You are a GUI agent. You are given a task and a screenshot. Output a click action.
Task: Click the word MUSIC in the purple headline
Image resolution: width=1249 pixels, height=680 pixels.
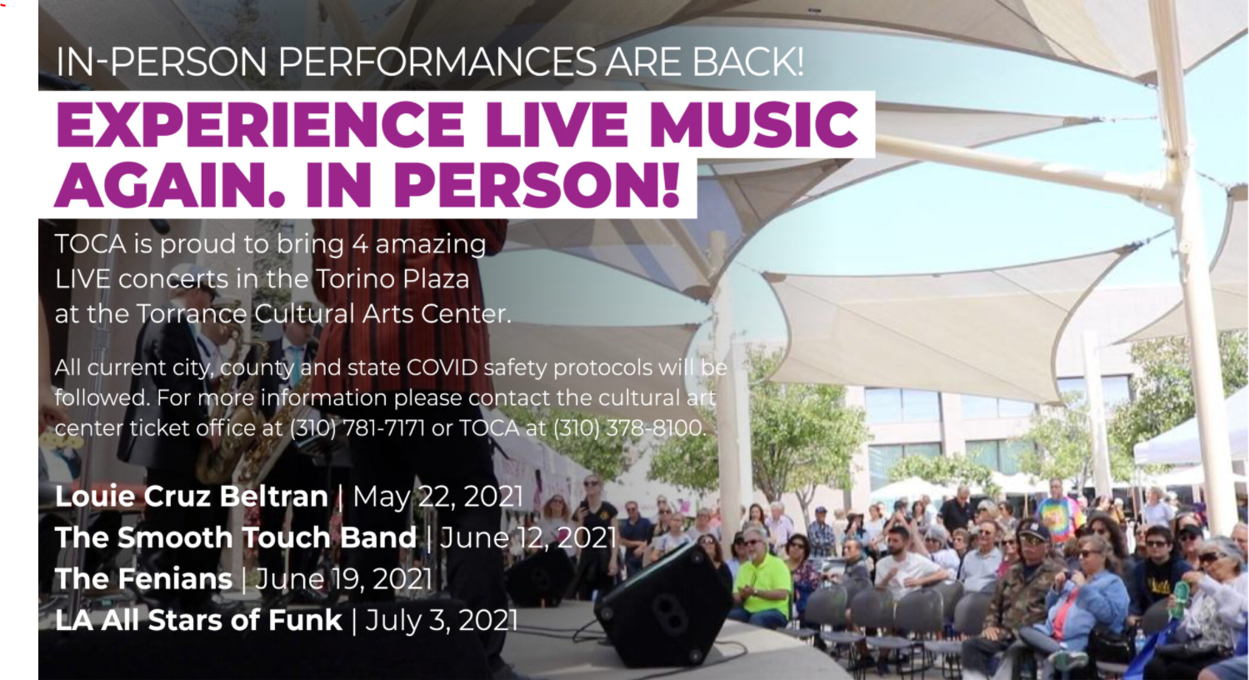(x=753, y=125)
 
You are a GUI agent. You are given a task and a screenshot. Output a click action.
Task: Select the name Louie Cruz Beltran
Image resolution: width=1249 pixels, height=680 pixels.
(x=191, y=497)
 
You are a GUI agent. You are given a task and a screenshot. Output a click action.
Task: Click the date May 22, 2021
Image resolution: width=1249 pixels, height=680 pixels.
(x=438, y=497)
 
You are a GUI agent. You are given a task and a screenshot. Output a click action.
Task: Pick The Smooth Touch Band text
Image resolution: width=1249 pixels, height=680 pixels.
(x=235, y=537)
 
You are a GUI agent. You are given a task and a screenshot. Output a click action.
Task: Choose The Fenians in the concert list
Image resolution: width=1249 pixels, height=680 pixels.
(x=143, y=579)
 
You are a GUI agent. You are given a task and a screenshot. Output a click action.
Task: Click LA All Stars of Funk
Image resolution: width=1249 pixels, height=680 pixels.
(x=198, y=620)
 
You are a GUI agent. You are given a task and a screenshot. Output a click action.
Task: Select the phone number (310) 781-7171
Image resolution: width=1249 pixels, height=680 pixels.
(x=357, y=428)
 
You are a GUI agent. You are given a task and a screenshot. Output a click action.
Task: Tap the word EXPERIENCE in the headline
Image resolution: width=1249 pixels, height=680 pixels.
(x=259, y=125)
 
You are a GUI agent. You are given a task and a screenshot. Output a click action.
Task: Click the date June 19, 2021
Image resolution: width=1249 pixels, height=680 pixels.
(x=343, y=579)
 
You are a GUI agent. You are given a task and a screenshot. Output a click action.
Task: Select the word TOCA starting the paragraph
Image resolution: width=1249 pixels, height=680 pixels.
(x=90, y=244)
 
